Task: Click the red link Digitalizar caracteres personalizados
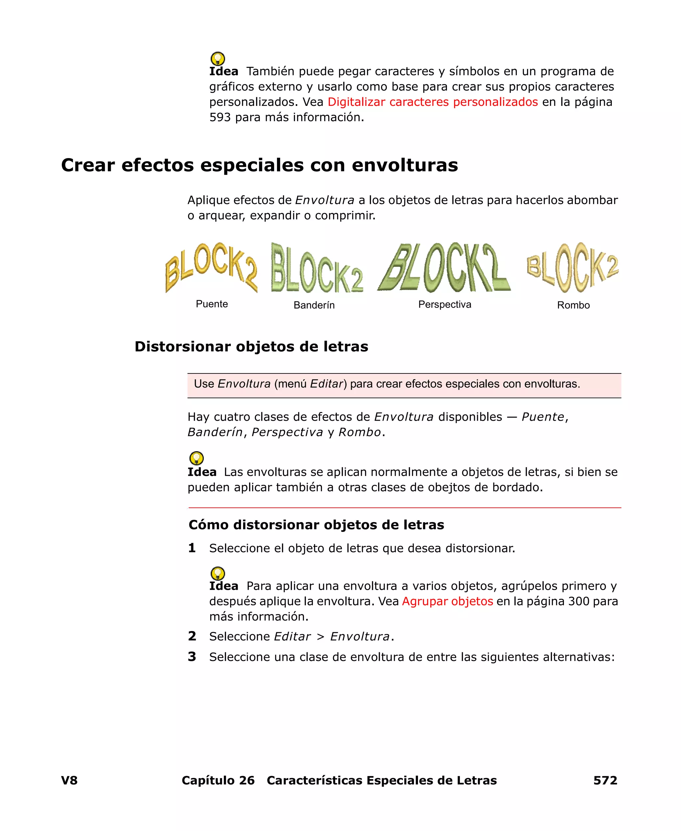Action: [432, 102]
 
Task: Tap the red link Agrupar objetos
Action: [447, 601]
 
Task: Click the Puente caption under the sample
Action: [212, 304]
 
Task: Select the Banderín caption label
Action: [314, 305]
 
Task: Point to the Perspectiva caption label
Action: [445, 304]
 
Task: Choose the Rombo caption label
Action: [573, 305]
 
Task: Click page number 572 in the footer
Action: [605, 780]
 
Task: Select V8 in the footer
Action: [69, 780]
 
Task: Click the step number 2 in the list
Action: [192, 636]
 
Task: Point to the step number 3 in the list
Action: [192, 656]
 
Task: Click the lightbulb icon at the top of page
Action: [218, 59]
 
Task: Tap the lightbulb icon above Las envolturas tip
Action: [196, 458]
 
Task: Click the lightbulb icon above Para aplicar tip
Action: [218, 573]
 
